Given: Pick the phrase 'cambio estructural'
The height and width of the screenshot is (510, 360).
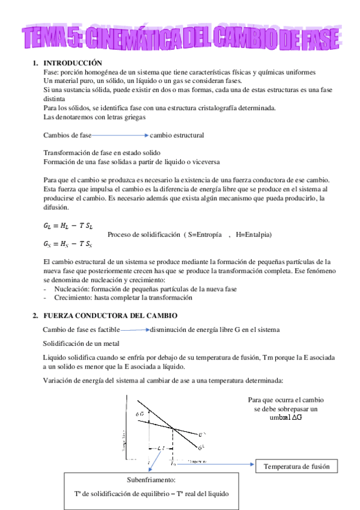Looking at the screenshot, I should pos(177,135).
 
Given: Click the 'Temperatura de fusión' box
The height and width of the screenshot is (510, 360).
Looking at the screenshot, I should pos(297,467).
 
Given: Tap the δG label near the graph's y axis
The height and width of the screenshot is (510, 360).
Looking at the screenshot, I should pos(139,414).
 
